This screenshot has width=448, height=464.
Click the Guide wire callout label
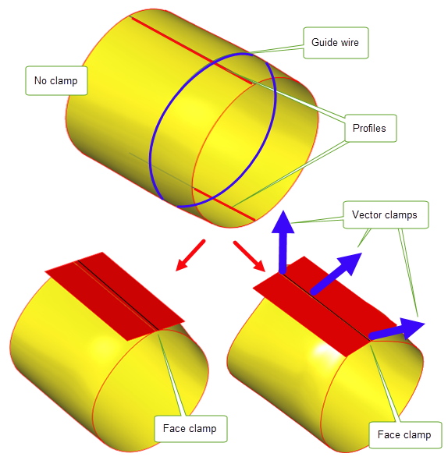coord(336,43)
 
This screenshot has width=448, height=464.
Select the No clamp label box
coord(56,81)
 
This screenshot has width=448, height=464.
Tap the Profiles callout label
coord(370,128)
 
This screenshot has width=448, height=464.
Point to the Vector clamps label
coord(386,214)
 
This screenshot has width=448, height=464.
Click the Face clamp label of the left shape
coord(190,429)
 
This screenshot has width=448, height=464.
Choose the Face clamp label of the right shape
coord(405,435)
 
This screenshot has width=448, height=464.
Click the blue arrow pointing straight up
coord(283,241)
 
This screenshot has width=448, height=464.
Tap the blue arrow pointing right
coord(396,329)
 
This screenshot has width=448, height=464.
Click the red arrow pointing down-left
coord(190,255)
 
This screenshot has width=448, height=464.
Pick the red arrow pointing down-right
coord(249,256)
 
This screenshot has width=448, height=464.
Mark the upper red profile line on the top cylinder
coord(191,50)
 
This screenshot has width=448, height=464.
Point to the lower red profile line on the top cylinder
coord(224,204)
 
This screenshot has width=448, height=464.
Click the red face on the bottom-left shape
coord(115,296)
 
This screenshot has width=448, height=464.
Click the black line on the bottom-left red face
coord(118,295)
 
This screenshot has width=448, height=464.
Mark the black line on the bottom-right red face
coord(325,307)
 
